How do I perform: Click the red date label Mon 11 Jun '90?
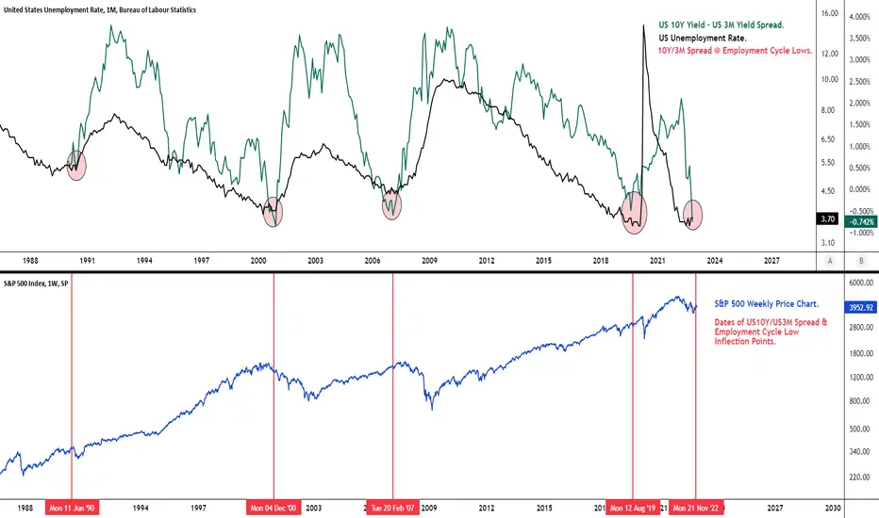pos(72,508)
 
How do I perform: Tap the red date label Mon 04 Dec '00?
pos(274,508)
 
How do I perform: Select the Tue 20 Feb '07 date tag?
pos(392,508)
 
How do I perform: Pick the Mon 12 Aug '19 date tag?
pos(633,508)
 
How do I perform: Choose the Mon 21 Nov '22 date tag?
pos(696,508)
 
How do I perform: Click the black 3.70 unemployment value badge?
pos(827,219)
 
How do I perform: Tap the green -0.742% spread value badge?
pos(862,221)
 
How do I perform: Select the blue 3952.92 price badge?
pos(860,307)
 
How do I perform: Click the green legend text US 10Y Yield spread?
pos(721,25)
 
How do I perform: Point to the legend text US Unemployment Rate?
pos(703,38)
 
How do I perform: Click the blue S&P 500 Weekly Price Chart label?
pos(767,303)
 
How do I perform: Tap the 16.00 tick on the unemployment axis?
pos(830,13)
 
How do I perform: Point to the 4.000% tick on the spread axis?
pos(860,17)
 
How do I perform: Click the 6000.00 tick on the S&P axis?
pos(860,283)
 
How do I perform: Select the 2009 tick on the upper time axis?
pos(429,260)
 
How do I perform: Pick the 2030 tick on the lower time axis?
pos(833,508)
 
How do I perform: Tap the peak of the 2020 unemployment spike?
pos(643,25)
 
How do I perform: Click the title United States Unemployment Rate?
pos(100,9)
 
